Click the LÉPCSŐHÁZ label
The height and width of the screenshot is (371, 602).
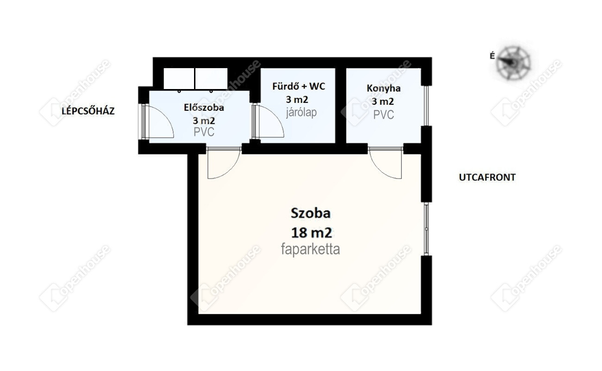[x=88, y=111]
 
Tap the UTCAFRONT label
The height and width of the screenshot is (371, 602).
[x=487, y=178]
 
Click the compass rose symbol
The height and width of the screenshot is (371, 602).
[x=513, y=63]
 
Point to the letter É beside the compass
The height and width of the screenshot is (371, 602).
[x=492, y=56]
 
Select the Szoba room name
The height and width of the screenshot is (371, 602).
[x=311, y=213]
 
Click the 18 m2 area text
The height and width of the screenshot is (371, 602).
[x=312, y=233]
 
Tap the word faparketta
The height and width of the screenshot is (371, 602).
[x=310, y=249]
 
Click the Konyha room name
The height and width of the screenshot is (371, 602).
[x=383, y=88]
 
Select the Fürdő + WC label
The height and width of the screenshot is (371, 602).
[x=299, y=86]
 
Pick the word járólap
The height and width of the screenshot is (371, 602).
[x=301, y=112]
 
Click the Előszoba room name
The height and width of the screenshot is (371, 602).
[x=204, y=108]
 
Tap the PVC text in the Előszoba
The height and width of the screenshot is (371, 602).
[x=204, y=132]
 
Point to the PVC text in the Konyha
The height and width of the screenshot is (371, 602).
[x=383, y=115]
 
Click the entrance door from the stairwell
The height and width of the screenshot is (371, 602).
[x=157, y=122]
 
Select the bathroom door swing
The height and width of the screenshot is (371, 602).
[x=268, y=121]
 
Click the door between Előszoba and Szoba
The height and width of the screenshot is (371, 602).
[x=224, y=163]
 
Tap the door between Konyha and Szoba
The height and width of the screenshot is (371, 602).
[x=385, y=163]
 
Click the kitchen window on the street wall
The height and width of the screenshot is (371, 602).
[x=426, y=106]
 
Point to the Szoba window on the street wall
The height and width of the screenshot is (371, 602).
[x=426, y=229]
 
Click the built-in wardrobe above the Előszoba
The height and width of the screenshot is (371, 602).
[x=195, y=79]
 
